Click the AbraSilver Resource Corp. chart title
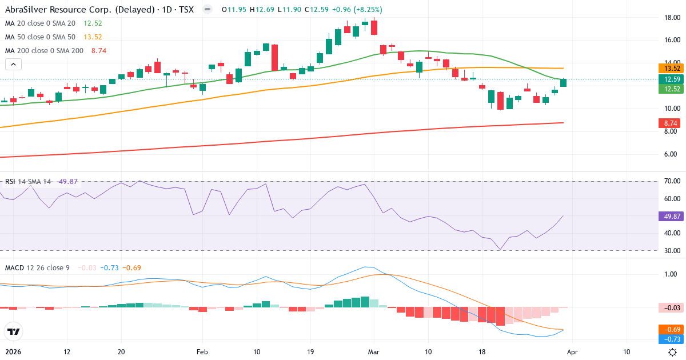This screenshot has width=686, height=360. coord(97,10)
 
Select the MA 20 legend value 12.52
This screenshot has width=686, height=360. coord(93,23)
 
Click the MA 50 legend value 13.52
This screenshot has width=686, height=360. coord(93,37)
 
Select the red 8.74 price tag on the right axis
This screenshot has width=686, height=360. coord(668,123)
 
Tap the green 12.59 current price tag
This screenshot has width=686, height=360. coord(668,79)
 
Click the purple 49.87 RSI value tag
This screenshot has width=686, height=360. coord(668,216)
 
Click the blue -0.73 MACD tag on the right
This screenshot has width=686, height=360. coord(668,339)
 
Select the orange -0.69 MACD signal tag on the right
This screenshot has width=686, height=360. coord(668,330)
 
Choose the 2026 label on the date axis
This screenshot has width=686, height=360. coord(14,352)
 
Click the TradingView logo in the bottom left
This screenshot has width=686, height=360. coord(13,332)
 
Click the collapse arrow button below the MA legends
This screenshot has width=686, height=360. coord(13,65)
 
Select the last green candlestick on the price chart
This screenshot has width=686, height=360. coord(564,83)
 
